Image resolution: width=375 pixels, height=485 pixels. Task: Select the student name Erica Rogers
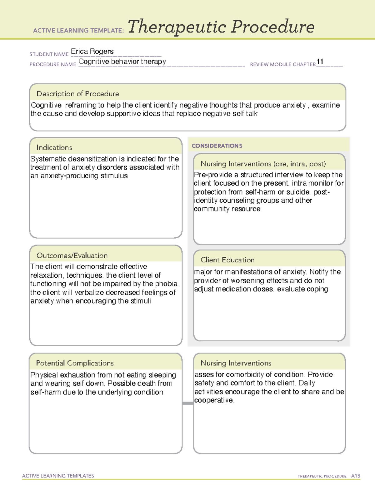[x=92, y=51]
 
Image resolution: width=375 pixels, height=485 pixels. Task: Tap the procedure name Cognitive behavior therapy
[x=122, y=62]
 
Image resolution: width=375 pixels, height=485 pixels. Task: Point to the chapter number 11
[x=320, y=62]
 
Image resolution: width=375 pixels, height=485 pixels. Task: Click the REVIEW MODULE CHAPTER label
[x=283, y=64]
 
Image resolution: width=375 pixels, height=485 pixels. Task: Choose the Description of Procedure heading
[x=77, y=94]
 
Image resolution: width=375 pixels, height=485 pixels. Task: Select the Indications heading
[x=54, y=147]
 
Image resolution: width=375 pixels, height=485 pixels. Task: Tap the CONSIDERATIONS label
[x=217, y=146]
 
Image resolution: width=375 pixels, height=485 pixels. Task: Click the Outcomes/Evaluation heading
[x=72, y=255]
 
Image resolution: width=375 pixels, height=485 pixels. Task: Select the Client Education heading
[x=227, y=260]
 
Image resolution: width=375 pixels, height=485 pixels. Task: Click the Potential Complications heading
[x=75, y=363]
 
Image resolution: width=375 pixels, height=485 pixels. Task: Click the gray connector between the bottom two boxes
[x=188, y=403]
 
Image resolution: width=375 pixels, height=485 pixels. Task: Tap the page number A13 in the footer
[x=355, y=476]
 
